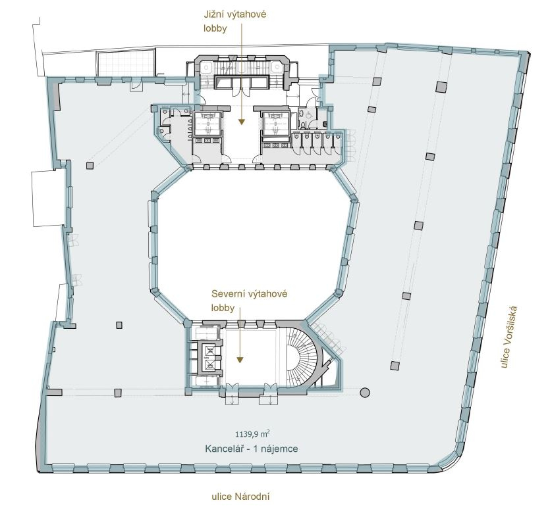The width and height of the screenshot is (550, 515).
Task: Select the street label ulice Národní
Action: [x=240, y=496]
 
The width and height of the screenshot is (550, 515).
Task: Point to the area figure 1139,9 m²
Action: [x=252, y=434]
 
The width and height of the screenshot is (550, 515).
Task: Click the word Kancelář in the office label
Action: [x=221, y=449]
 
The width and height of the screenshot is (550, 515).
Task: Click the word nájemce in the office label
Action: [x=280, y=449]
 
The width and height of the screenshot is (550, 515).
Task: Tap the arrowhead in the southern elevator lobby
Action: [x=241, y=122]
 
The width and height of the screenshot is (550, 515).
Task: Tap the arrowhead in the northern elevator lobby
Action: [x=240, y=360]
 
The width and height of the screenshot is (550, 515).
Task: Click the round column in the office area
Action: [x=365, y=393]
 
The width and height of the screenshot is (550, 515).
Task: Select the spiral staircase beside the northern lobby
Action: [x=300, y=357]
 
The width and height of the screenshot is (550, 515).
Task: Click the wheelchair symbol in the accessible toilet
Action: [x=309, y=114]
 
